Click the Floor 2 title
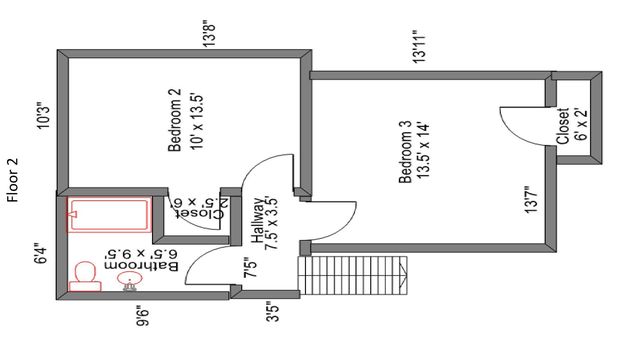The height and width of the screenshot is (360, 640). [x=13, y=180]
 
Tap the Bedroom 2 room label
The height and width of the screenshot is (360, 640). [x=175, y=120]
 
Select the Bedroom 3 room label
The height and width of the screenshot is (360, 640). [x=405, y=152]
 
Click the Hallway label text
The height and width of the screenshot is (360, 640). [x=258, y=220]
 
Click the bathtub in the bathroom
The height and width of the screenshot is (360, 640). [x=109, y=214]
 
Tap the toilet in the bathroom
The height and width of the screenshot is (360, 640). [x=85, y=277]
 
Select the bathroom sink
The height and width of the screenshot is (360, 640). [x=130, y=281]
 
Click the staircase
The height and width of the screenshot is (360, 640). [x=353, y=276]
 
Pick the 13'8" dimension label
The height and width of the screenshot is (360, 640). [x=210, y=33]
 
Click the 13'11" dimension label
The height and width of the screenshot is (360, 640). [x=420, y=46]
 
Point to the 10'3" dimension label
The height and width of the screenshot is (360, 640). [x=44, y=115]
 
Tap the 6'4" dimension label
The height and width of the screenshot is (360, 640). [x=41, y=254]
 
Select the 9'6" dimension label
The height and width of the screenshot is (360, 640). [x=143, y=316]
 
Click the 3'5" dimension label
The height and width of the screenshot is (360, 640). [x=272, y=311]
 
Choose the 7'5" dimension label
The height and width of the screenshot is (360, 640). [x=250, y=267]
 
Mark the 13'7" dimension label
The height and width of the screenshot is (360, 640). [x=531, y=200]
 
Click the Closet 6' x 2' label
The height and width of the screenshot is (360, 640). [x=571, y=126]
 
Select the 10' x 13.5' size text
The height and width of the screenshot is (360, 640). [x=197, y=122]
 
